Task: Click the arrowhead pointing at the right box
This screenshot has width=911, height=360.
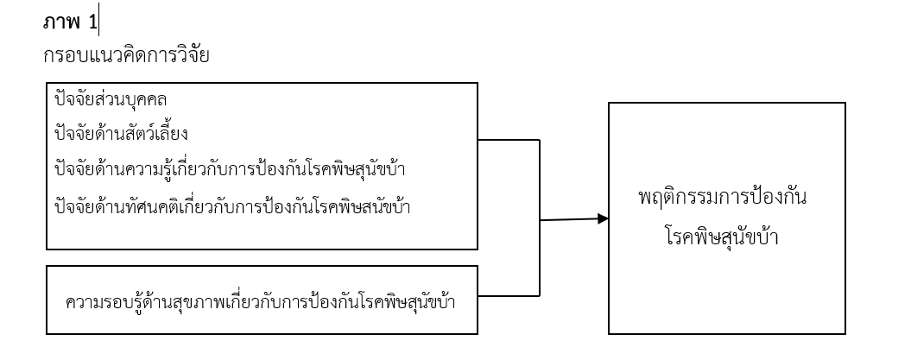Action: click(602, 219)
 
